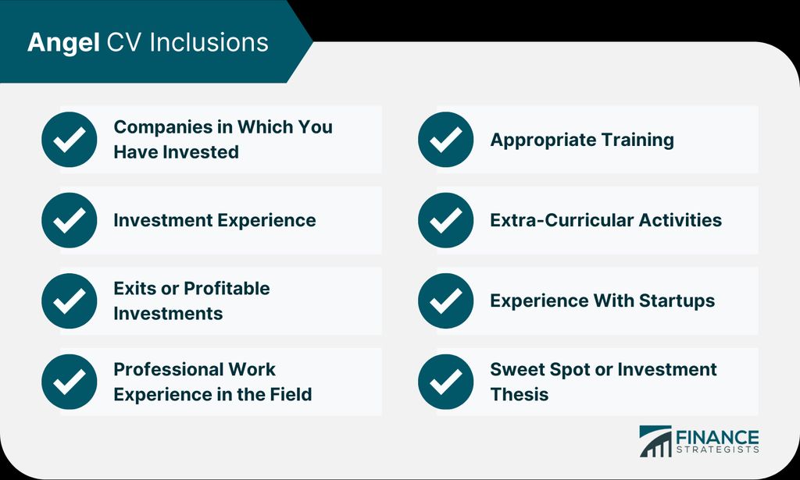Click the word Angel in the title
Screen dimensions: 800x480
[63, 43]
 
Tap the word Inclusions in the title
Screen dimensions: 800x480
[209, 42]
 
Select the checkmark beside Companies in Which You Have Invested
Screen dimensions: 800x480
[70, 140]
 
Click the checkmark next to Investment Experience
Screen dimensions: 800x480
[70, 220]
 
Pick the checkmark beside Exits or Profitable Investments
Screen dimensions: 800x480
[70, 300]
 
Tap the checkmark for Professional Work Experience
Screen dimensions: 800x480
[70, 382]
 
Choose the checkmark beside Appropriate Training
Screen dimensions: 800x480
[445, 140]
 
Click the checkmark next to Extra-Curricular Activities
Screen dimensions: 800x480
[445, 220]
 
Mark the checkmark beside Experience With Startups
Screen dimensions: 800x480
[445, 300]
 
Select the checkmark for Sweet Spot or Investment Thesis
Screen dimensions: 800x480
[445, 382]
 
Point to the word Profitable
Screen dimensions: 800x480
[227, 289]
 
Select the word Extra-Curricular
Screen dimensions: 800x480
[560, 220]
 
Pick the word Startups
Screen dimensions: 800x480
[677, 301]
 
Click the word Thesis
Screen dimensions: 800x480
[520, 394]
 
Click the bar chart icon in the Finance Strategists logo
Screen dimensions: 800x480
[655, 441]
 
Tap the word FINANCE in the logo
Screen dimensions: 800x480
[717, 438]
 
